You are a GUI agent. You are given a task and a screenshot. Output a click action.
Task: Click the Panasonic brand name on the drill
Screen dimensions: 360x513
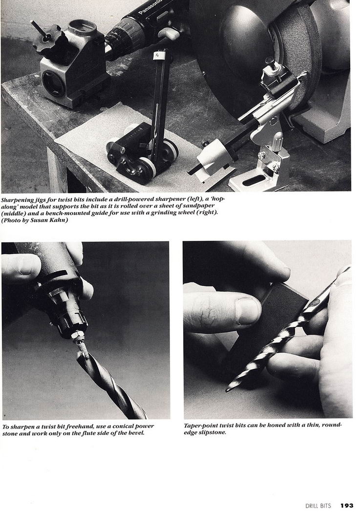point(150,7)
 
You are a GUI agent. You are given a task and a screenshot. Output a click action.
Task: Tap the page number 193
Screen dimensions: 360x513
point(347,506)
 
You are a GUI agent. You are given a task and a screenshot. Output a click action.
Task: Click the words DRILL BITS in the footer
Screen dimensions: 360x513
point(318,506)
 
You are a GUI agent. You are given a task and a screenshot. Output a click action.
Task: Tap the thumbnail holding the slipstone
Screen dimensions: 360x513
point(248,311)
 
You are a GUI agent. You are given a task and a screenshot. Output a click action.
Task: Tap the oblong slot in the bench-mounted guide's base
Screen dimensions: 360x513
point(254,180)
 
